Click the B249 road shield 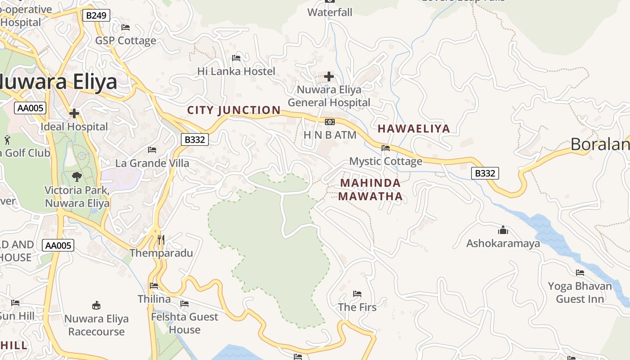click(x=96, y=16)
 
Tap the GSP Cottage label click(x=126, y=40)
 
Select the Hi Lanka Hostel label click(x=236, y=71)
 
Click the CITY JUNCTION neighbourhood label click(x=234, y=110)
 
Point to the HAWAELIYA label click(x=414, y=129)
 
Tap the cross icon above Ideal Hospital click(x=74, y=113)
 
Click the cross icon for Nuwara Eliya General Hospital click(x=329, y=76)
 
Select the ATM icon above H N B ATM click(x=330, y=122)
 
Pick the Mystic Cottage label click(x=386, y=161)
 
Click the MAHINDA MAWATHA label click(x=370, y=189)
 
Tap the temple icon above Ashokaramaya click(x=503, y=230)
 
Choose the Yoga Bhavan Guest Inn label click(x=580, y=292)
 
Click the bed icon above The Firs click(x=357, y=294)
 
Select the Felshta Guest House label click(x=184, y=323)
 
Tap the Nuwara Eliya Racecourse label click(x=96, y=325)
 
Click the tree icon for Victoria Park click(x=77, y=176)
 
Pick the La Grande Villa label click(x=152, y=163)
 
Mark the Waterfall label click(x=330, y=13)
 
